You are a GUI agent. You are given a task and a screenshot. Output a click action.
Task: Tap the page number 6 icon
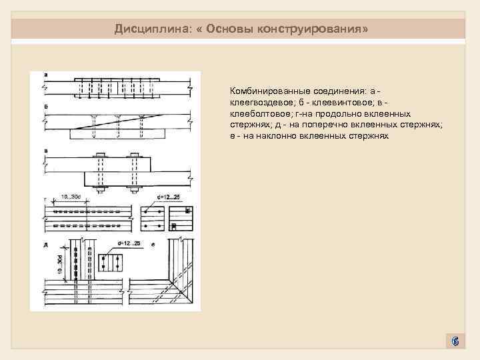tap(455, 342)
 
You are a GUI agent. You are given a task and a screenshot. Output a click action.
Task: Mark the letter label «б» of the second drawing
tap(45, 107)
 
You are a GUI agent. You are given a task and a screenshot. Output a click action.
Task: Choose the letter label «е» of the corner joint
tap(153, 245)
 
